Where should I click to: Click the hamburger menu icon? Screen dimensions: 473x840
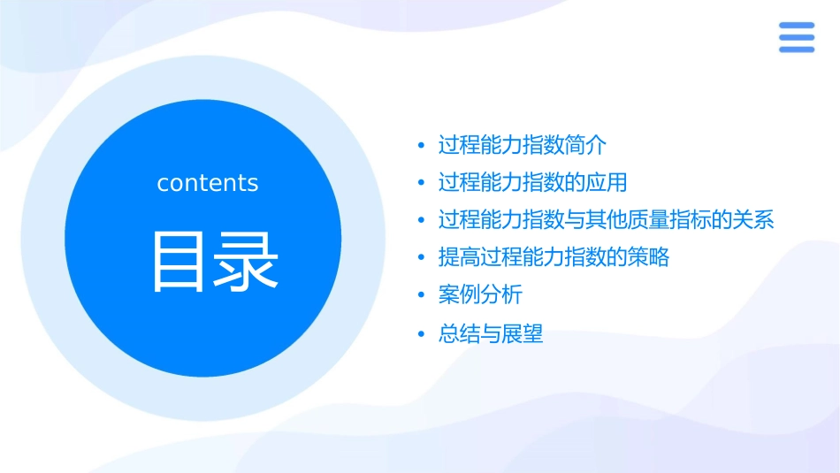click(x=796, y=37)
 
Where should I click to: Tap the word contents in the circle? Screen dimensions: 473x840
click(x=208, y=183)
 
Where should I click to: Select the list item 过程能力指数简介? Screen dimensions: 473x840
click(x=523, y=145)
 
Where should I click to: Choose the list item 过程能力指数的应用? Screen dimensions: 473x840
click(x=532, y=183)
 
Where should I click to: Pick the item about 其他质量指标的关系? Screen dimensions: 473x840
click(x=607, y=220)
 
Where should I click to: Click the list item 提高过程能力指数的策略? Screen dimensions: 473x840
click(x=554, y=257)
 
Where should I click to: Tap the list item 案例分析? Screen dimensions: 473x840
click(x=480, y=295)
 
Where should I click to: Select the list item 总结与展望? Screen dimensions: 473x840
click(x=491, y=333)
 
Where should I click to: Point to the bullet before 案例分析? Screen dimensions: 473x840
click(x=422, y=296)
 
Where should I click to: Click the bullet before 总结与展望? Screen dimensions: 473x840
click(x=422, y=334)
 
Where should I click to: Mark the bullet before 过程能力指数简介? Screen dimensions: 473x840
click(x=422, y=146)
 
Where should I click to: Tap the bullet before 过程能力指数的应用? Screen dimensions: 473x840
click(x=422, y=184)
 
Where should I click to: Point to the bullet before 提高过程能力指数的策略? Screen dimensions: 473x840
click(x=422, y=258)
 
